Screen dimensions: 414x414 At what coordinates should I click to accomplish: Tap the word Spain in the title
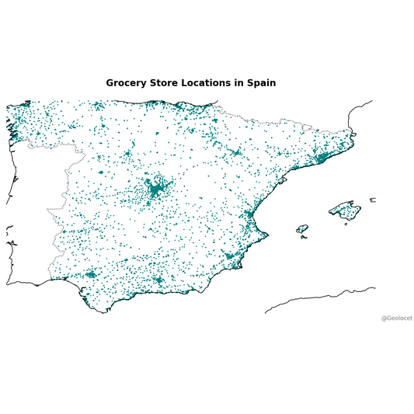pyautogui.click(x=260, y=82)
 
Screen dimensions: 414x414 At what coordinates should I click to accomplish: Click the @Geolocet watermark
pyautogui.click(x=396, y=318)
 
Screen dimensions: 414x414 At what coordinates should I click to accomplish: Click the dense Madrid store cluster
pyautogui.click(x=157, y=189)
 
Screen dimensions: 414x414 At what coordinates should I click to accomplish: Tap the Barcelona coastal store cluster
pyautogui.click(x=320, y=158)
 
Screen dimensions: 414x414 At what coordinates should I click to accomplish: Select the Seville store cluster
pyautogui.click(x=90, y=273)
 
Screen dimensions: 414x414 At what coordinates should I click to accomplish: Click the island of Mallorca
pyautogui.click(x=345, y=209)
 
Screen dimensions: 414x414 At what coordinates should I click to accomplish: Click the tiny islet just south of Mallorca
pyautogui.click(x=346, y=224)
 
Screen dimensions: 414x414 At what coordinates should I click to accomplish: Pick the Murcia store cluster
pyautogui.click(x=229, y=255)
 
